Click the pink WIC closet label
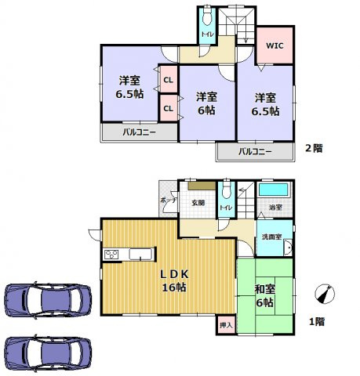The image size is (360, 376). (275, 45)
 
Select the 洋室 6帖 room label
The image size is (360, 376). (207, 103)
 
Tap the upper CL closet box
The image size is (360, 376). (168, 80)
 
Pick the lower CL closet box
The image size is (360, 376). (168, 107)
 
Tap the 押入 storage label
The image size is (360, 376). (224, 324)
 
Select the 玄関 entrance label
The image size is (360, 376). (198, 204)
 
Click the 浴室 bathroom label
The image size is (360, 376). (275, 208)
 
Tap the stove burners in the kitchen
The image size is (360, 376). (111, 254)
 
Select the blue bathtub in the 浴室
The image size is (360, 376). (274, 190)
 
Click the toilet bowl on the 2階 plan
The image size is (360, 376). (207, 20)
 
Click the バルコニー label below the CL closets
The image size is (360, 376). (138, 132)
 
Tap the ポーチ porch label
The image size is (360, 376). (167, 201)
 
